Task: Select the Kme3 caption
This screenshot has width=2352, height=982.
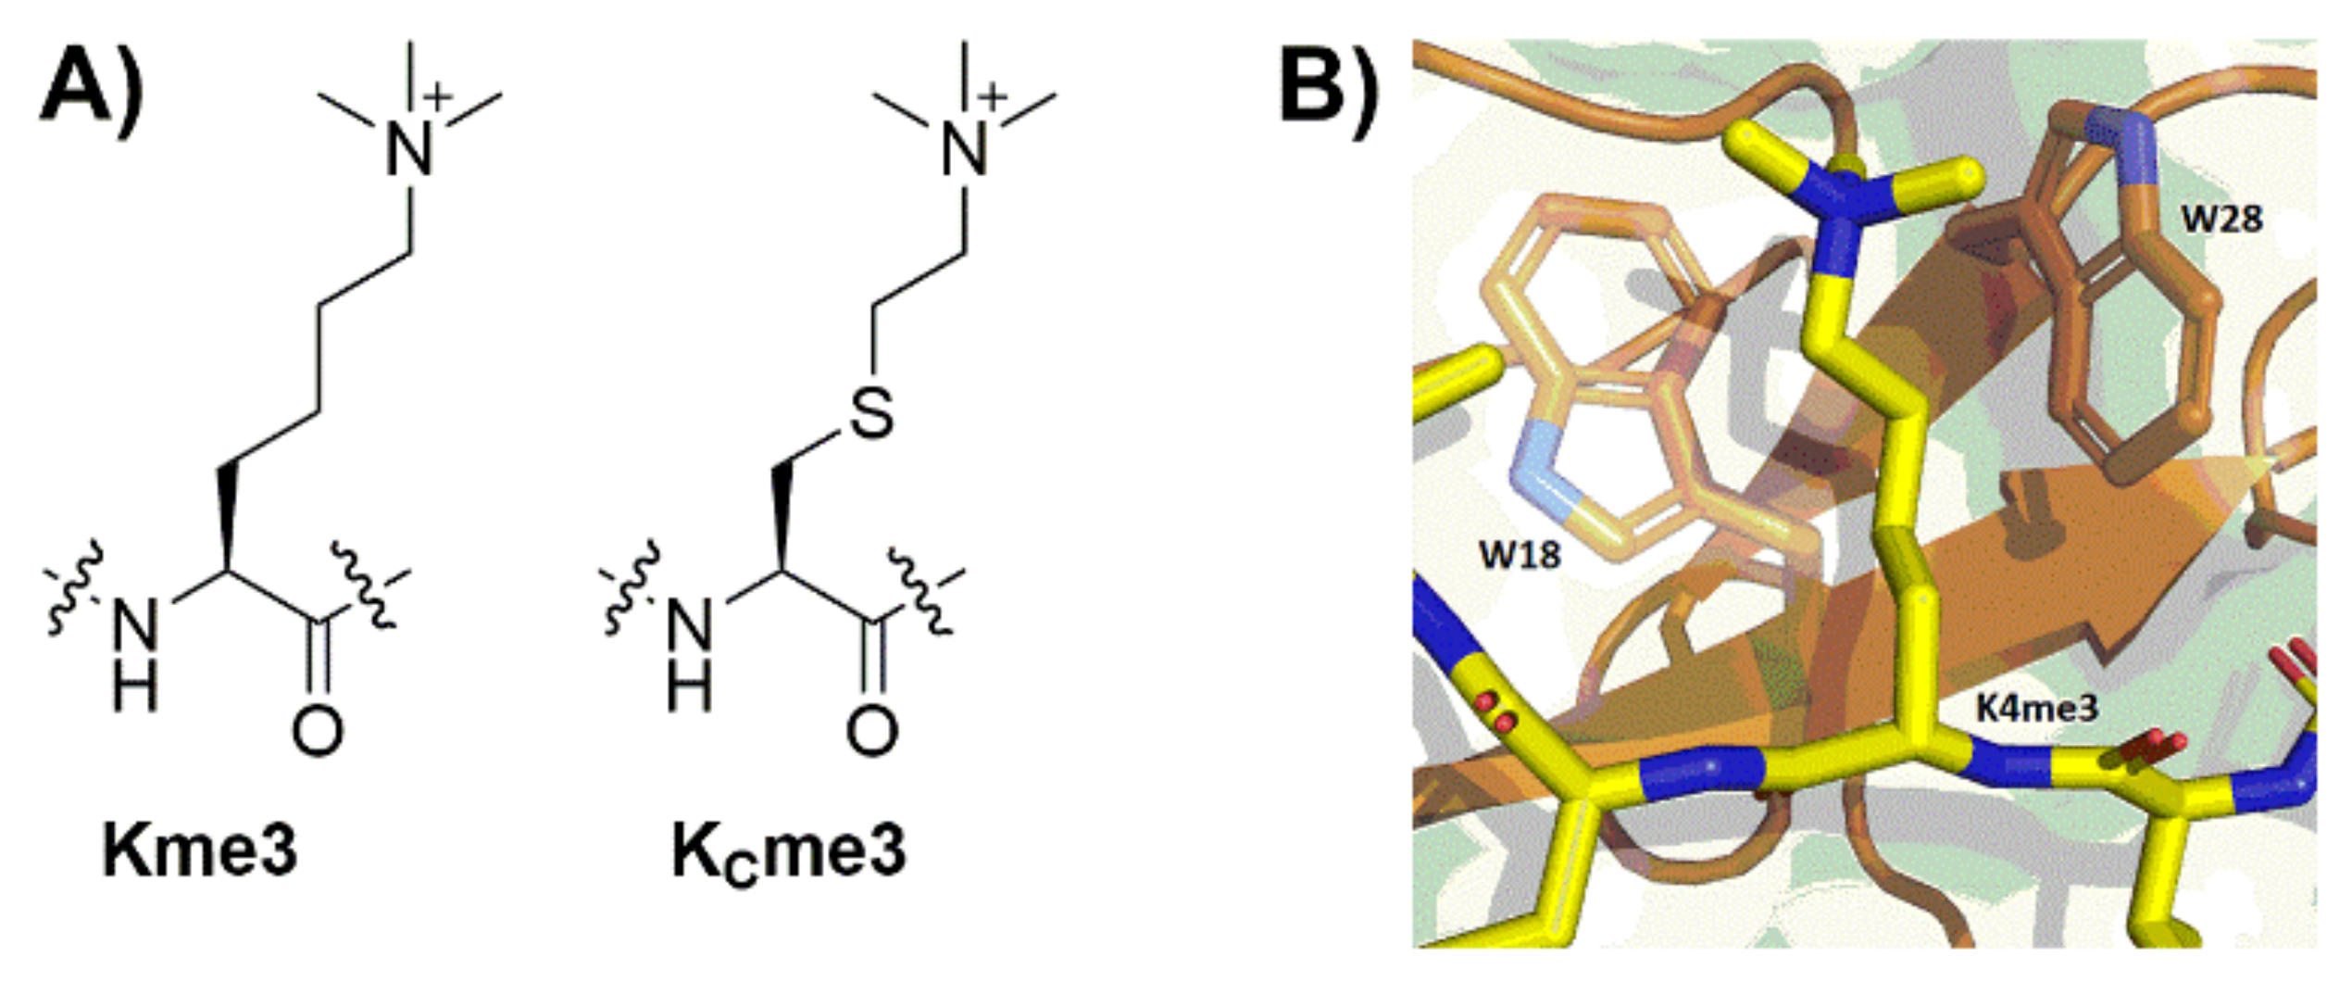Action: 199,850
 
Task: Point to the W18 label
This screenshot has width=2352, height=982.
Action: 1520,555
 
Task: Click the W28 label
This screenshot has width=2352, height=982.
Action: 2221,220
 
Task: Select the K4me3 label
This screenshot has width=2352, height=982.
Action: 2038,709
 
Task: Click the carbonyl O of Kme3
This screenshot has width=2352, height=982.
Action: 318,732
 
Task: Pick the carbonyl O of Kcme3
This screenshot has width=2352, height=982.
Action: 871,732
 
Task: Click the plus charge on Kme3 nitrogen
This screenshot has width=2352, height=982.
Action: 439,94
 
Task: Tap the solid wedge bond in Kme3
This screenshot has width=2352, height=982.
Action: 226,519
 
